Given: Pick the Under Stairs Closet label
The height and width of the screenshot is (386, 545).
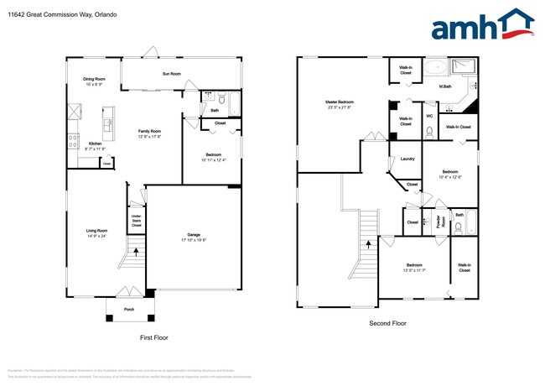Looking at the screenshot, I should click(136, 220).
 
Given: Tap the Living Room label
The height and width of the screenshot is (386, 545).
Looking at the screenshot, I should click(96, 231).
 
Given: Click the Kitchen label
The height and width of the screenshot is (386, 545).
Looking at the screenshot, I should click(96, 143).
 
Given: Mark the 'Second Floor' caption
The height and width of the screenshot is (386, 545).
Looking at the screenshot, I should click(387, 322).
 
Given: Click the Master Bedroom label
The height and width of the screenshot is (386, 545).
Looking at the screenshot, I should click(340, 102).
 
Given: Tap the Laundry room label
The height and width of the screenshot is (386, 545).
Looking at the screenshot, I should click(408, 159).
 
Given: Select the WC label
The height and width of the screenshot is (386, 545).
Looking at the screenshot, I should click(429, 117).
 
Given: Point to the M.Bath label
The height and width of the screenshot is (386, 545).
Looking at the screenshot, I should click(447, 86).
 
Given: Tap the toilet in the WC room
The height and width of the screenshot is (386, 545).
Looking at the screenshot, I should click(429, 130).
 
